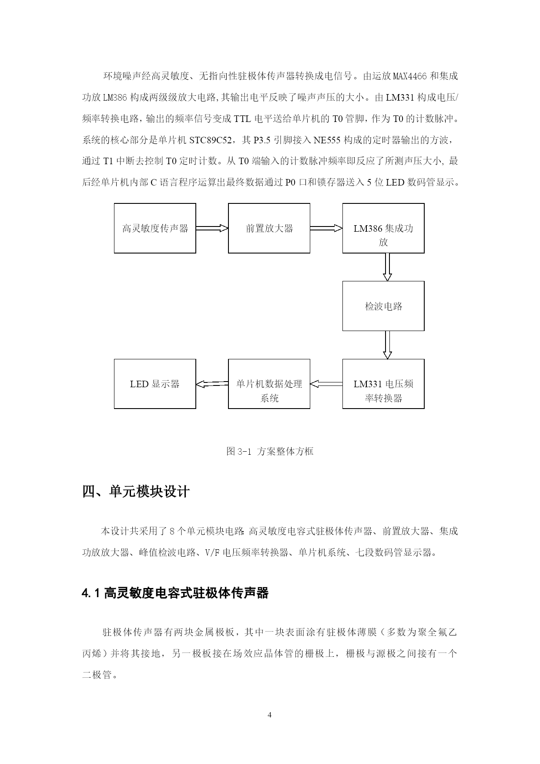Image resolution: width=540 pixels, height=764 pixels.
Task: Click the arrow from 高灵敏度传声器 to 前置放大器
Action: pyautogui.click(x=212, y=228)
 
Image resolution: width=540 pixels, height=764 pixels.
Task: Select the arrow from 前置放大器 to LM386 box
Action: pyautogui.click(x=326, y=228)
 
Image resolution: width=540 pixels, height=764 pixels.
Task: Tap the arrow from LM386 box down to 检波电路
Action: pyautogui.click(x=387, y=267)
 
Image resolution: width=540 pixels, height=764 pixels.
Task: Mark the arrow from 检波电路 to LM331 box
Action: pyautogui.click(x=387, y=345)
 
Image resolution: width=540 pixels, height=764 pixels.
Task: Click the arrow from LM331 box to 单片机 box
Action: pyautogui.click(x=326, y=384)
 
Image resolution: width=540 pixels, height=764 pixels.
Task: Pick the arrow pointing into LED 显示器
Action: pyautogui.click(x=212, y=384)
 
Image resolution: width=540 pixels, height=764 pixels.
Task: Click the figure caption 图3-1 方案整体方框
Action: pyautogui.click(x=270, y=451)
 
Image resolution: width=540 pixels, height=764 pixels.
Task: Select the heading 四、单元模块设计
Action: pyautogui.click(x=136, y=492)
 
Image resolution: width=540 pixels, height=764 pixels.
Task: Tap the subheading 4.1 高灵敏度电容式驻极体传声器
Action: pyautogui.click(x=175, y=593)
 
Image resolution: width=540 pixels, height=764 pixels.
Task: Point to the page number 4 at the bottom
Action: pyautogui.click(x=270, y=715)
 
